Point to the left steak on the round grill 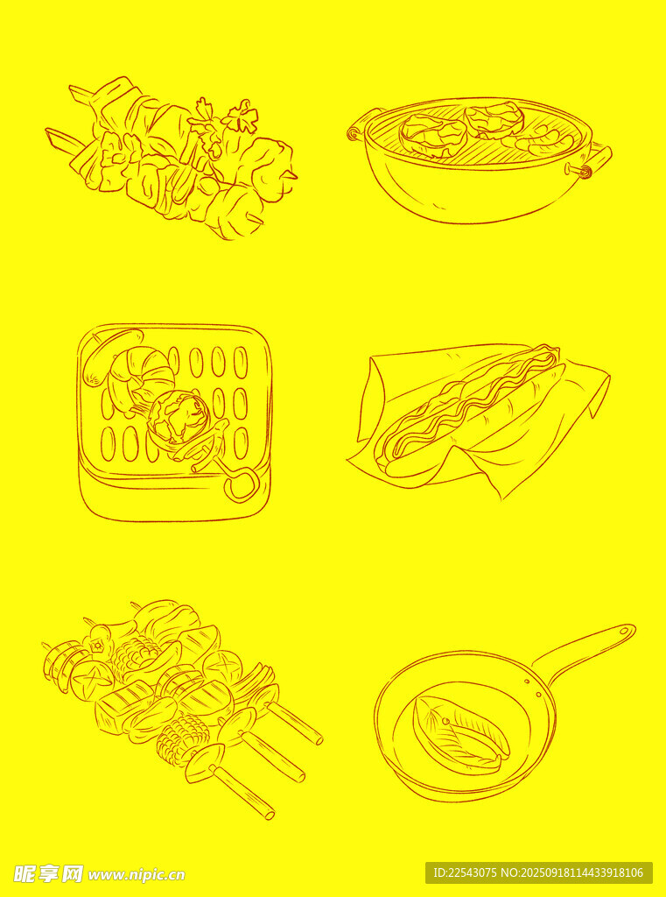point(432,135)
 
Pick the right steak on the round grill point(494,120)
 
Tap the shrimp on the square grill point(139,378)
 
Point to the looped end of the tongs point(240,484)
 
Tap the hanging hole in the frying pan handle point(625,631)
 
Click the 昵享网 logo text point(49,874)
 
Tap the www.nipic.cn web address point(137,875)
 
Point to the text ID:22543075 point(466,873)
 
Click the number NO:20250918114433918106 point(573,873)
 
